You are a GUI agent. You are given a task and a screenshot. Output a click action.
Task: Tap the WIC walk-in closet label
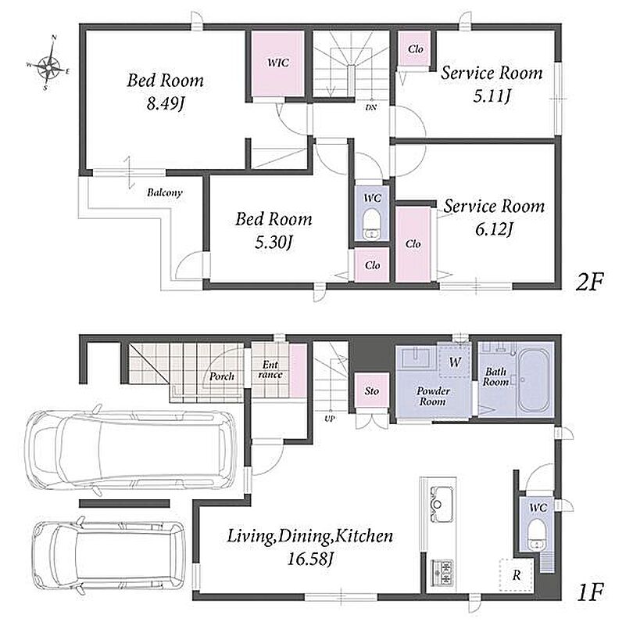tap(277, 63)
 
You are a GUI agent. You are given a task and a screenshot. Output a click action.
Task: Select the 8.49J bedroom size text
tap(165, 104)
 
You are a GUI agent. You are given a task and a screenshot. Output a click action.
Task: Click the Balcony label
tap(165, 192)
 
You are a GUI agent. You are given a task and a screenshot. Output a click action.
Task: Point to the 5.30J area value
tap(274, 242)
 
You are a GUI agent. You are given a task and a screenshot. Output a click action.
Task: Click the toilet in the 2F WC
tap(371, 225)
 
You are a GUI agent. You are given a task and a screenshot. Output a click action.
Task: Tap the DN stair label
tap(371, 107)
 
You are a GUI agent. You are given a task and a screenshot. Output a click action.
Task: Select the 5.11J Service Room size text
tap(492, 96)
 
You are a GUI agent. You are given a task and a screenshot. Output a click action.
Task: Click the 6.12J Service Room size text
tap(493, 229)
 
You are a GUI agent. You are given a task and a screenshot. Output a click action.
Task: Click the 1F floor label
tap(590, 592)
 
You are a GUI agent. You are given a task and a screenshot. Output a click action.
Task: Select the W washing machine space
tap(455, 361)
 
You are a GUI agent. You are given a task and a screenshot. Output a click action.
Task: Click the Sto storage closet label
tap(372, 390)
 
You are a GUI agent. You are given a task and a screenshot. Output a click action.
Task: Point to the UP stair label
tap(330, 419)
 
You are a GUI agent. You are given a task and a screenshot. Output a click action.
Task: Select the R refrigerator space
tap(517, 575)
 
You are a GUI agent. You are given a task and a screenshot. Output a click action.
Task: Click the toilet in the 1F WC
tap(537, 534)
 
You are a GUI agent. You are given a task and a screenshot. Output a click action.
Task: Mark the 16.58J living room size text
tap(310, 559)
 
